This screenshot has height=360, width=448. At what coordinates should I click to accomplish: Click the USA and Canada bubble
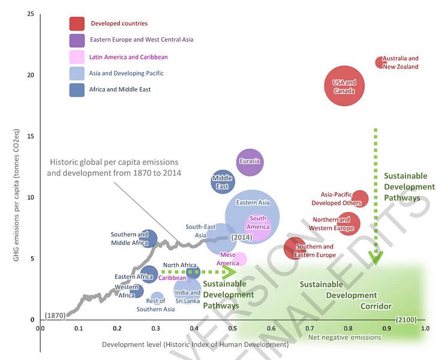click(x=344, y=86)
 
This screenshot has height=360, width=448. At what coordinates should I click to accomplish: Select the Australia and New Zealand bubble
click(x=380, y=62)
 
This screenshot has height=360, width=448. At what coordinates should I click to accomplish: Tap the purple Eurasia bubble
click(x=249, y=162)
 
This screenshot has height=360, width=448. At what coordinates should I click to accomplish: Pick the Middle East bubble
click(x=223, y=181)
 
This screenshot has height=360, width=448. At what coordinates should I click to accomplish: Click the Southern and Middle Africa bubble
click(x=148, y=239)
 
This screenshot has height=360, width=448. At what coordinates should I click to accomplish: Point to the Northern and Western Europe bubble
click(x=348, y=223)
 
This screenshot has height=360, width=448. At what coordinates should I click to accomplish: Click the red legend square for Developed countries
click(x=76, y=23)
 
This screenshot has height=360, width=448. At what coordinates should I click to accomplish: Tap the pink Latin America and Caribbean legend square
click(x=76, y=57)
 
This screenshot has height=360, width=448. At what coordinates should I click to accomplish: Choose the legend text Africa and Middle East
click(x=120, y=89)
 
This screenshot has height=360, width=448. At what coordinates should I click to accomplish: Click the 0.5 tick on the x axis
click(x=233, y=329)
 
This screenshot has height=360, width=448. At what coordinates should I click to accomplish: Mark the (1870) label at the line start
click(x=55, y=315)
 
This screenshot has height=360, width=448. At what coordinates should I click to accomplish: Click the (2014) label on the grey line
click(x=241, y=238)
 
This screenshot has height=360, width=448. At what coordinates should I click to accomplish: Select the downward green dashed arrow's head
click(x=375, y=258)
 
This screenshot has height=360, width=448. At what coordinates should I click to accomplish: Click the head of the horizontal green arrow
click(x=229, y=272)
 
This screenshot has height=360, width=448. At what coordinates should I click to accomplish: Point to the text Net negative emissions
click(x=344, y=337)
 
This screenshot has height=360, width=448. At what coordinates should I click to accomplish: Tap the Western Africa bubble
click(x=138, y=290)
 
